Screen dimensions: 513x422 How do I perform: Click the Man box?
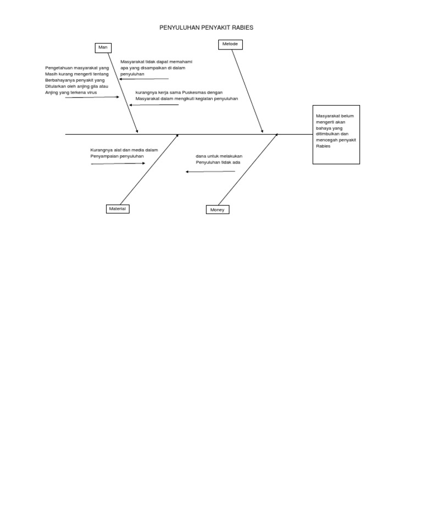coord(103,48)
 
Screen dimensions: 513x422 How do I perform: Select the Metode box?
coord(230,45)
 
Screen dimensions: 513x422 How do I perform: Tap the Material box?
coord(118,209)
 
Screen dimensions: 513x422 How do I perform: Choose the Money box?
coord(218,210)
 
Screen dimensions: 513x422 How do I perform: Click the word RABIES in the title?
coord(243,28)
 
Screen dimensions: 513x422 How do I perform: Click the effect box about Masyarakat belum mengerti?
coord(336,134)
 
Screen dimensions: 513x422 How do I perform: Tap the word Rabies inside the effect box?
coord(324,146)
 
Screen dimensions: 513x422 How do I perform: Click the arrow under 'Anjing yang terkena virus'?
coord(92,97)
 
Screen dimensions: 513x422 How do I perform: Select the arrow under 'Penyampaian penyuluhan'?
coord(118,163)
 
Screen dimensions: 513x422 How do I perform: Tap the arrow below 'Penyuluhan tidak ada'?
coord(210,172)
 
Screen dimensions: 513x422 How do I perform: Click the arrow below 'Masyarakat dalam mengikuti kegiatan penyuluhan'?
coord(154,105)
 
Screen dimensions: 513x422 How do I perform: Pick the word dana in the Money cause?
coord(201,156)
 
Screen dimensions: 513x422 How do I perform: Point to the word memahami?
coord(181,62)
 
